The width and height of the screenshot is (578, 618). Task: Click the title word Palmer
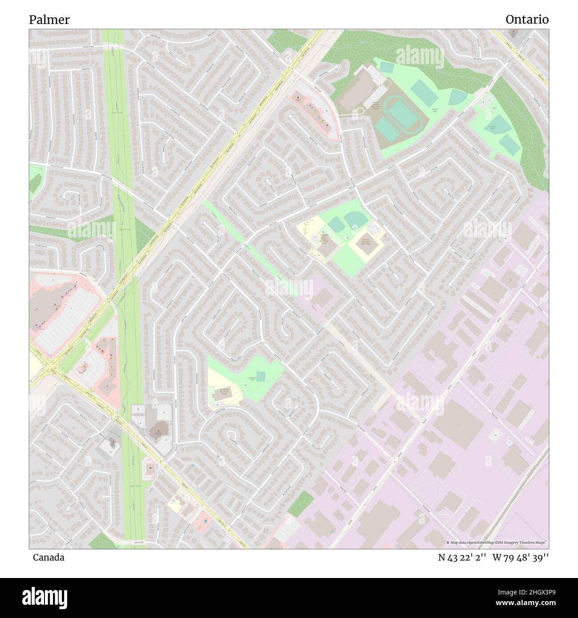click(49, 20)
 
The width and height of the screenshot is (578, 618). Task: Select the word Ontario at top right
click(527, 20)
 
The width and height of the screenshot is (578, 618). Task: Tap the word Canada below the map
click(48, 558)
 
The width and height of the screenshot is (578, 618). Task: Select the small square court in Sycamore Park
click(261, 377)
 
